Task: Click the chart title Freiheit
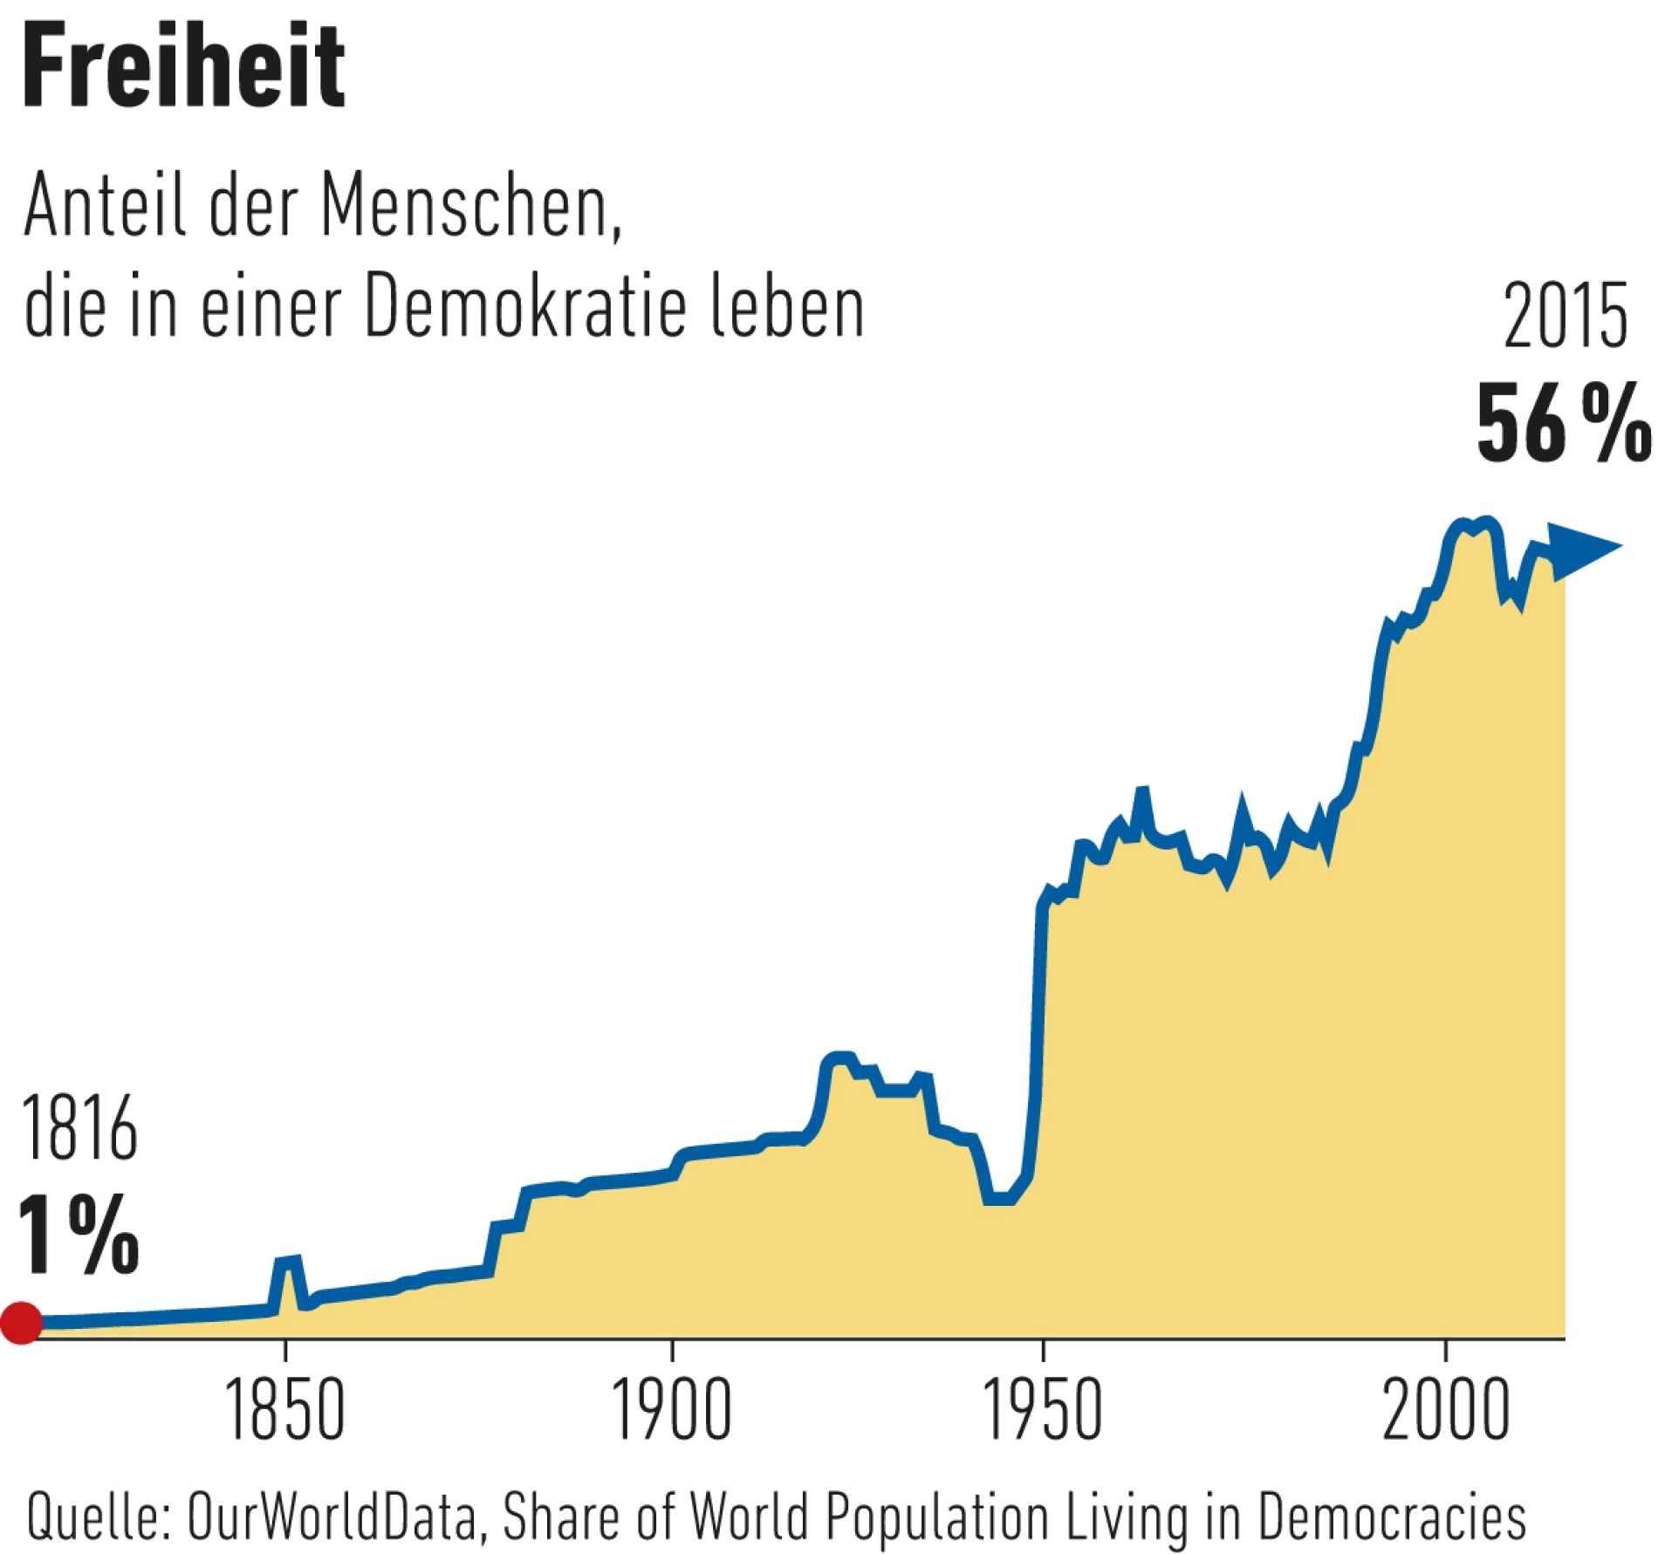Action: click(x=183, y=68)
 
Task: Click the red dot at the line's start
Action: click(x=21, y=1322)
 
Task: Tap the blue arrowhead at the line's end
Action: click(x=1586, y=549)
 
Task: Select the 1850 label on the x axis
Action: click(x=284, y=1411)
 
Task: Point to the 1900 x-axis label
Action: click(x=671, y=1411)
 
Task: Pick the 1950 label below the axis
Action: click(x=1043, y=1411)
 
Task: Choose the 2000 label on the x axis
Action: click(x=1446, y=1411)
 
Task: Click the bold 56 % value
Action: click(x=1562, y=425)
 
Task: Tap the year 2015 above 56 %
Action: click(x=1565, y=317)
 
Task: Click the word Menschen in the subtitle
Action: click(x=469, y=206)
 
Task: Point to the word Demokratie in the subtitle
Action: click(x=526, y=307)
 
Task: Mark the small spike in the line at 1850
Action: click(x=288, y=1262)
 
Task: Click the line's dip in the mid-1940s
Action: click(x=999, y=1199)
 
